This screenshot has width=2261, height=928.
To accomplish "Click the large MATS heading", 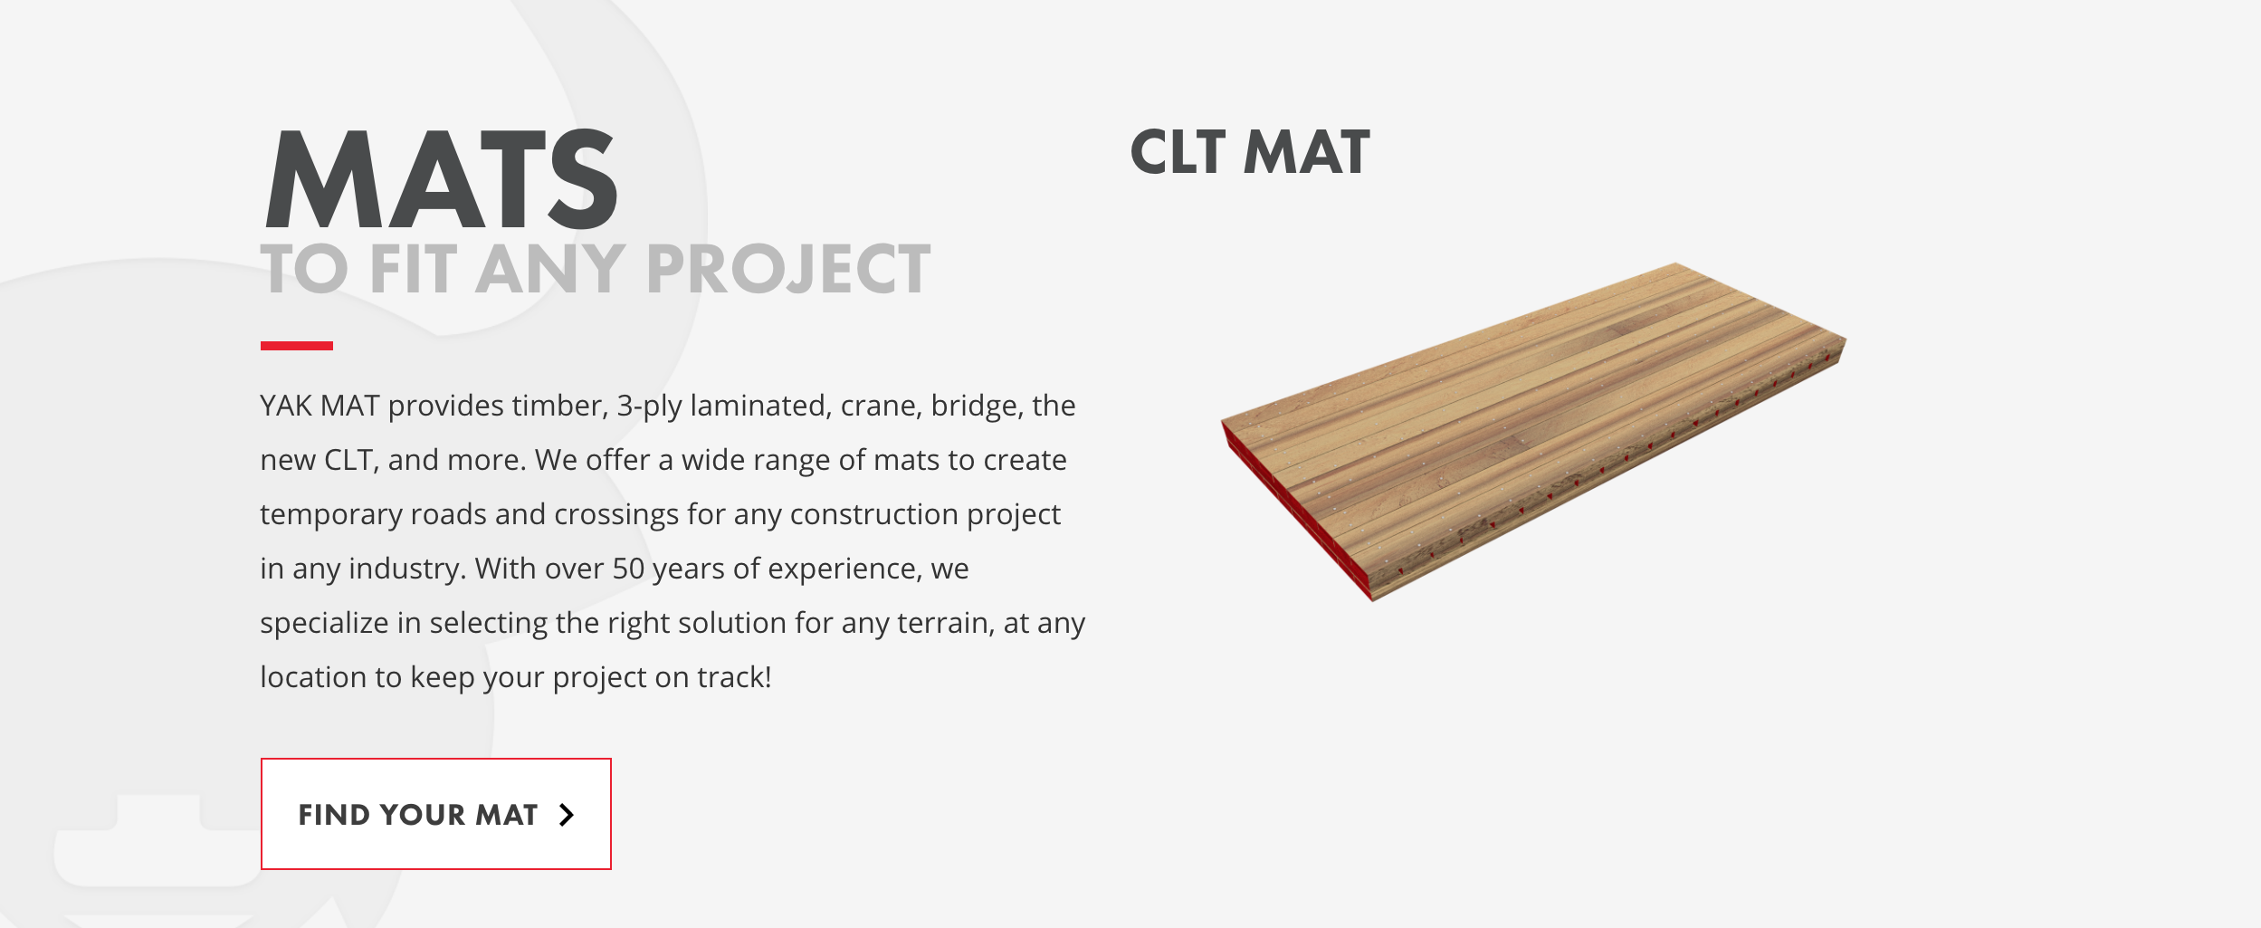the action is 441,179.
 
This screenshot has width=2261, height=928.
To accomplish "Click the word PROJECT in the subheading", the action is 787,269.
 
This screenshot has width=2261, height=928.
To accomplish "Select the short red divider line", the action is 297,346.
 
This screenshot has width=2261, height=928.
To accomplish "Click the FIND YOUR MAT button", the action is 436,814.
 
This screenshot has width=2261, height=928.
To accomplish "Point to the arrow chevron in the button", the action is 567,815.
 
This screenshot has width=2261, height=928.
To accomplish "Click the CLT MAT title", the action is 1250,152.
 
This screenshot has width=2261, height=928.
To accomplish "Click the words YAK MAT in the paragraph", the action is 320,406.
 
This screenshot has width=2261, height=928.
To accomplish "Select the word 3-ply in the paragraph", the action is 649,407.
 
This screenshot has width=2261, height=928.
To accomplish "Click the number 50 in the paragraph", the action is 628,569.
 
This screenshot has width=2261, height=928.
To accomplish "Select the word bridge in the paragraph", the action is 973,407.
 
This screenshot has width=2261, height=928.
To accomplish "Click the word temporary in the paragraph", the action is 331,515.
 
